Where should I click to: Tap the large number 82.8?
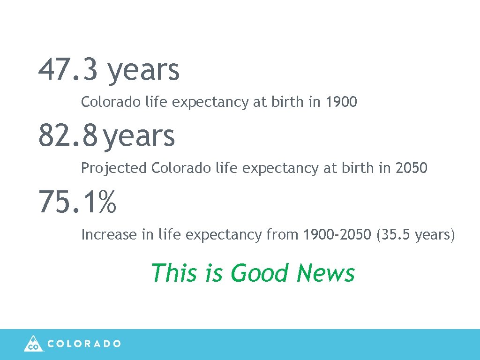68,135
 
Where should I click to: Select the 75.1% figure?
77,202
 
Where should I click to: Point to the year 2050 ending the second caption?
411,168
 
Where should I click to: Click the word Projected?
114,168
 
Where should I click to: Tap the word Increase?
109,234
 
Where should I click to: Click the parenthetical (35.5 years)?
415,234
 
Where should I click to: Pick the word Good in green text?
260,273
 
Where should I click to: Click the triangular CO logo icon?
33,343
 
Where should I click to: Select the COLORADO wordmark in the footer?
84,344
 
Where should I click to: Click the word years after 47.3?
143,70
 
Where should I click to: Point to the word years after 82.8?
139,136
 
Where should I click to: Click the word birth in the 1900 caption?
287,102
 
